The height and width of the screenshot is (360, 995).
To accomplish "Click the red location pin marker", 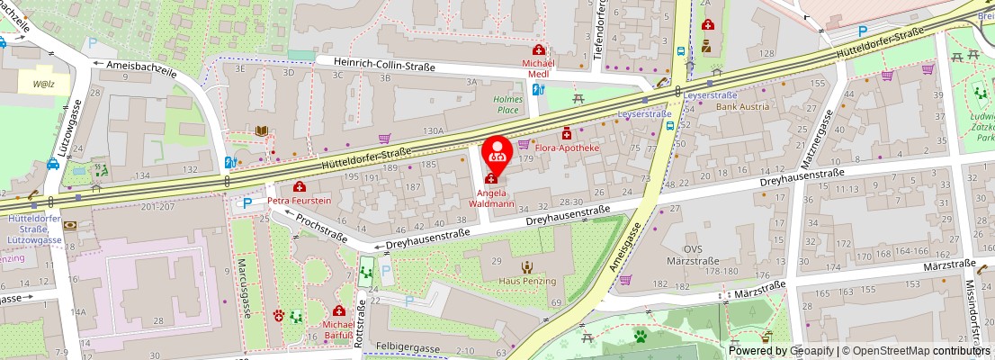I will coord(497,153).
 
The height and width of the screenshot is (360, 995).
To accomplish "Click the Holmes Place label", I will coord(507,104).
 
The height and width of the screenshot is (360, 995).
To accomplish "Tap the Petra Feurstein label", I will coord(299,200).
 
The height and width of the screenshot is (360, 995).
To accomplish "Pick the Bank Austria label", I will coord(742,106).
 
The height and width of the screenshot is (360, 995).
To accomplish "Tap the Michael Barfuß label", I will coord(339,330).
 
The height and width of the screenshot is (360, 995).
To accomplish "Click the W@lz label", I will coord(45,85).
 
